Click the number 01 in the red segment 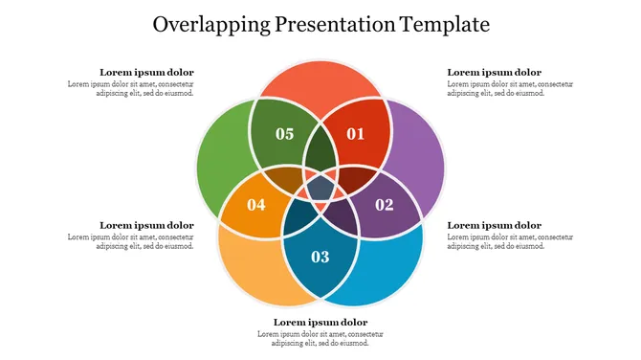pos(355,134)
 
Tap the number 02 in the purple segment pos(384,204)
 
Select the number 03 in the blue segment pos(320,257)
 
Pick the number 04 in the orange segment pos(256,204)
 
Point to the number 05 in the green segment pos(284,134)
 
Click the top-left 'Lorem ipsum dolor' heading pos(146,72)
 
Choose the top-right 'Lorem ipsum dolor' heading pos(494,72)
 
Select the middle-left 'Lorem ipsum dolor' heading pos(146,225)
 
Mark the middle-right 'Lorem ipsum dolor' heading pos(494,225)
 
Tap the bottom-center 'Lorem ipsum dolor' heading pos(320,322)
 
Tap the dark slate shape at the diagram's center pos(320,187)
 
